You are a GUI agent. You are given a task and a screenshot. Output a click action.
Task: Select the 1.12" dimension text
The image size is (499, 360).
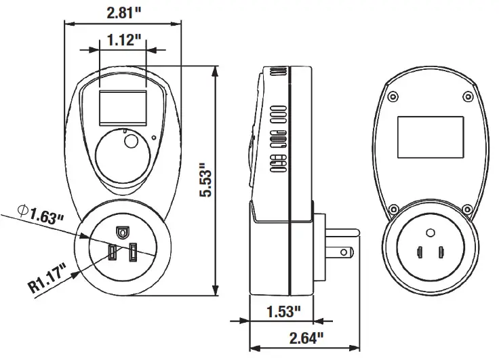[123, 39]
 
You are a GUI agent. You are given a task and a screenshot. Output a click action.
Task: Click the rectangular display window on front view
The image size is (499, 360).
[123, 106]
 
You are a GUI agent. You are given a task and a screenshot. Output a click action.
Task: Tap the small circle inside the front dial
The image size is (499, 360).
[131, 143]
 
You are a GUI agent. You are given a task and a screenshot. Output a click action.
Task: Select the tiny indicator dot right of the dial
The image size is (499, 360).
[155, 140]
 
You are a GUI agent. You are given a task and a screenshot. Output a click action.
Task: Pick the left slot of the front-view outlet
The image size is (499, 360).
[112, 253]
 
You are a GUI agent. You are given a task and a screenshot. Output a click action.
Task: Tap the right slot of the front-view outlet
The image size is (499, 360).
[134, 253]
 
